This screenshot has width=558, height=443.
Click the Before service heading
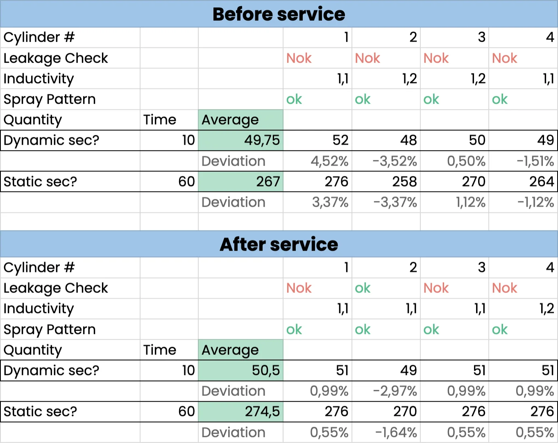[279, 14]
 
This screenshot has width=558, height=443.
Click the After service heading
[279, 244]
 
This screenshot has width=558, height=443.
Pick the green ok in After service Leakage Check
[363, 288]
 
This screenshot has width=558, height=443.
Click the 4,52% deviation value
[329, 161]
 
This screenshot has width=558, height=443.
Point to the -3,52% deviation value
[395, 161]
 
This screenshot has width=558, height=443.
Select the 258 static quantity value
[404, 182]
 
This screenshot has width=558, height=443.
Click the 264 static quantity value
[542, 182]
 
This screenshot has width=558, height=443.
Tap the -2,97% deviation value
[395, 391]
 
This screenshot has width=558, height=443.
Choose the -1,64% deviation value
[396, 432]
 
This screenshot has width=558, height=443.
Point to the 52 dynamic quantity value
[340, 140]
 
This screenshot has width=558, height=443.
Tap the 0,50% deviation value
[466, 161]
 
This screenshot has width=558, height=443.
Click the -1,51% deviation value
[535, 161]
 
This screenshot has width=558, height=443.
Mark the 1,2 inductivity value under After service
[547, 308]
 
